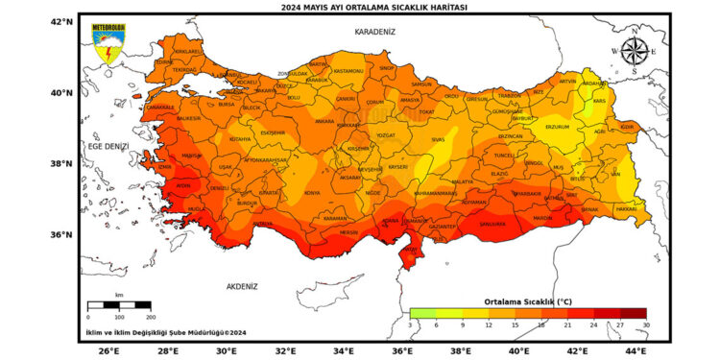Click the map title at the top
pos(360,7)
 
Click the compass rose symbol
pos(633,50)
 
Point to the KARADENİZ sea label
pos(374,32)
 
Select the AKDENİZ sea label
pos(242,286)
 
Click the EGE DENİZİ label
pos(108,146)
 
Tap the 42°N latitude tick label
pos(61,21)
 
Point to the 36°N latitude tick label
pos(61,235)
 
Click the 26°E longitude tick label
pos(108,351)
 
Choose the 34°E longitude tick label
pos(343,351)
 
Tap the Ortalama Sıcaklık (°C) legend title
pos(527,300)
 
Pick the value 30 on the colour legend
pos(646,324)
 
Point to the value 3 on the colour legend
pos(410,324)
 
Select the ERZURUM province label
pos(558,127)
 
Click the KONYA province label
pos(313,193)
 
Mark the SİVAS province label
pos(438,140)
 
